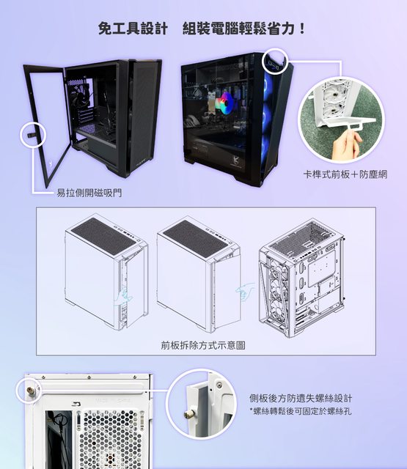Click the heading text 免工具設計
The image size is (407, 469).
(x=133, y=29)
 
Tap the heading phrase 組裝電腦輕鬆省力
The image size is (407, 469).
(x=238, y=29)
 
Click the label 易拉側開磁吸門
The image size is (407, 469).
(x=89, y=193)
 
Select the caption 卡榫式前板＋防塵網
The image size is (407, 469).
(x=345, y=174)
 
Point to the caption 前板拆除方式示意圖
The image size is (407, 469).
(x=203, y=345)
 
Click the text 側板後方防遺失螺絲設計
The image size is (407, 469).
(x=301, y=399)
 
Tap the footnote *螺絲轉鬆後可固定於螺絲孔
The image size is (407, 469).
(x=301, y=411)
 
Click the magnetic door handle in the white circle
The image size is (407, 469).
(x=32, y=135)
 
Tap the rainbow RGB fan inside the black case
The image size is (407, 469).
(x=227, y=103)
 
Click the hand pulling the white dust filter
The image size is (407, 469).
(x=345, y=144)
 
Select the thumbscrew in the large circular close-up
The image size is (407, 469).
(x=189, y=414)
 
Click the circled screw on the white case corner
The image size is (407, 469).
(x=30, y=390)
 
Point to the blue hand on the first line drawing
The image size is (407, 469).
(x=123, y=296)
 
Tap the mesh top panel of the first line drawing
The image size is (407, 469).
(x=103, y=235)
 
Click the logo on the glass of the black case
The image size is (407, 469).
(x=238, y=162)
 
